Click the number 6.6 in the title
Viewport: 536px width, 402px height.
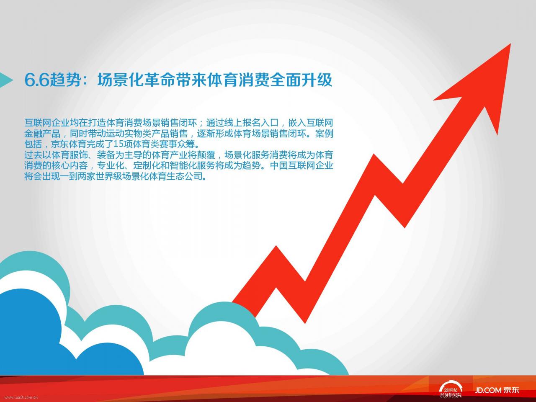point(37,80)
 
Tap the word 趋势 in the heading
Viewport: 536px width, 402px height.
point(65,80)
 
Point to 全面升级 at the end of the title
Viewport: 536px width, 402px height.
point(301,80)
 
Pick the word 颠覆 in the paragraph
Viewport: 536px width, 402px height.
point(206,155)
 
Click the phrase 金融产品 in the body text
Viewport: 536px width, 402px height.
point(42,134)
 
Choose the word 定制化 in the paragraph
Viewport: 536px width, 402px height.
point(147,166)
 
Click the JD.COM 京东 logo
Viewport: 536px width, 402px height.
point(497,390)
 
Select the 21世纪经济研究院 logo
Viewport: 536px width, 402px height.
point(451,389)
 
